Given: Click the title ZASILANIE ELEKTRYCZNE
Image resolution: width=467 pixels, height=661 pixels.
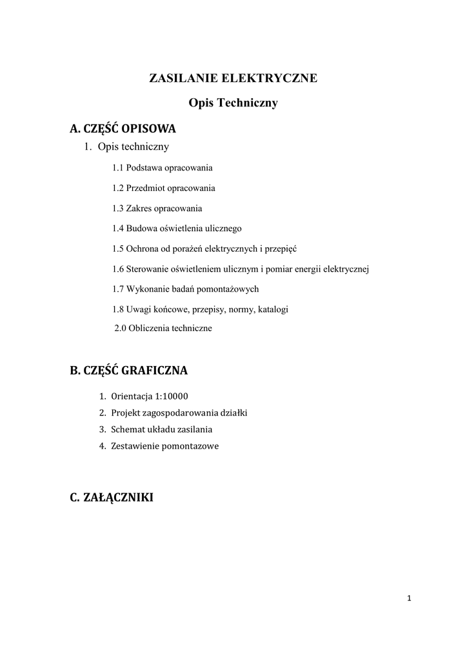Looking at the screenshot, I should point(233,79).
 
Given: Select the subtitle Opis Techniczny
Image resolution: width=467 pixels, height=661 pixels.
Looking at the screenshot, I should point(233,103).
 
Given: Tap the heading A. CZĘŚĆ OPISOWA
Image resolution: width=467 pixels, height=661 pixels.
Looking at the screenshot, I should point(123,128).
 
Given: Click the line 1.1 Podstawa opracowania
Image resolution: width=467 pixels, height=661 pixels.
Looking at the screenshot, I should point(162,168).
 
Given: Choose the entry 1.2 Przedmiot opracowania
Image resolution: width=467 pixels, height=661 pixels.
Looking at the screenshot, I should point(163,188).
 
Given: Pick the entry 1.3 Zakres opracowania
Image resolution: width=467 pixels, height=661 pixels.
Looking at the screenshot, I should point(157,208).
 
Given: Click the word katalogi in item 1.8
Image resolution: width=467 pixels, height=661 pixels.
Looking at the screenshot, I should point(273,309).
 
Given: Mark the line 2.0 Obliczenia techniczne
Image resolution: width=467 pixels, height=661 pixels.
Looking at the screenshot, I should point(163,328).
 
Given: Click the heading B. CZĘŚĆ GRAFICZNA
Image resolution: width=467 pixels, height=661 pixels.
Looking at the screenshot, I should point(128,371).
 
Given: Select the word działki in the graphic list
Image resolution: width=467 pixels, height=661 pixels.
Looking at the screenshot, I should point(234,412).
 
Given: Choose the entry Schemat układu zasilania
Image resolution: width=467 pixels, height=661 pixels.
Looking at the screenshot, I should point(161,429).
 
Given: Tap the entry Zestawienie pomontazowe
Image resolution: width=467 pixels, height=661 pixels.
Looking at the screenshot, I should point(164,445).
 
